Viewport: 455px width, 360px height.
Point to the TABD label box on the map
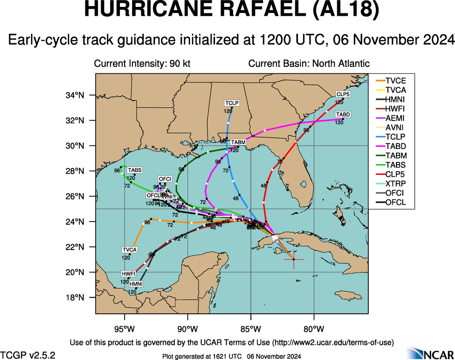342,114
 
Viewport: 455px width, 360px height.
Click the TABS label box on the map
134,170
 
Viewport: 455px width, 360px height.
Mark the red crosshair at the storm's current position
293,259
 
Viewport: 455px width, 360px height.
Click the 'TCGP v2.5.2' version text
28,355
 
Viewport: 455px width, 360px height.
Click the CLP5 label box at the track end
342,94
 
